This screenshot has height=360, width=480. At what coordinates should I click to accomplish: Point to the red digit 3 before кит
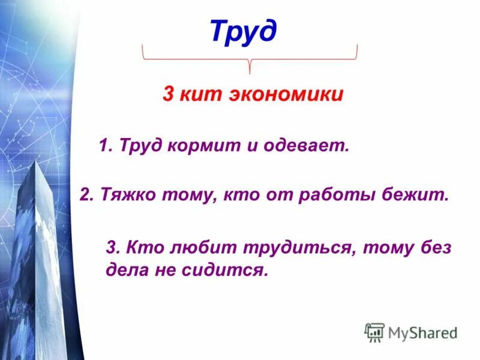click(169, 94)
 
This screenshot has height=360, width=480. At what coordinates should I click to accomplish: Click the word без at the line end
click(435, 247)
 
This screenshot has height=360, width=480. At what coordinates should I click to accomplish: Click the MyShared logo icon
click(374, 332)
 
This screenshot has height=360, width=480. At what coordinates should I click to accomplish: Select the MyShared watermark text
click(422, 332)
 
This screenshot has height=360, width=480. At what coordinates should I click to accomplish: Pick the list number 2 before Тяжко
click(85, 195)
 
